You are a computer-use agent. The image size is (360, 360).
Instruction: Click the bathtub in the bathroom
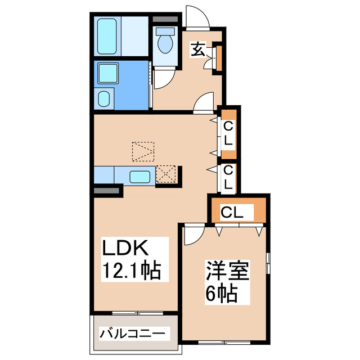tap(107, 37)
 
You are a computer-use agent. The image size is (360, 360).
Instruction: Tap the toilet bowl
tap(166, 43)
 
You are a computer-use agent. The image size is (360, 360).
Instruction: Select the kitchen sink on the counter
tap(140, 177)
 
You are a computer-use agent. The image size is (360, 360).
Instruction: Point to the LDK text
tap(124, 248)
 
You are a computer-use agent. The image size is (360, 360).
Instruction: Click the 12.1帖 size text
tap(131, 271)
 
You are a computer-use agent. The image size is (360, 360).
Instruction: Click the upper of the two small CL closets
tap(228, 136)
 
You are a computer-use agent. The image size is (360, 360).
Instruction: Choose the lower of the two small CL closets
tap(228, 177)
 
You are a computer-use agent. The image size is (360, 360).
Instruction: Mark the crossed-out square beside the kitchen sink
tap(166, 174)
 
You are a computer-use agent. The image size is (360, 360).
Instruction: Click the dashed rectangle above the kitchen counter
tap(143, 151)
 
